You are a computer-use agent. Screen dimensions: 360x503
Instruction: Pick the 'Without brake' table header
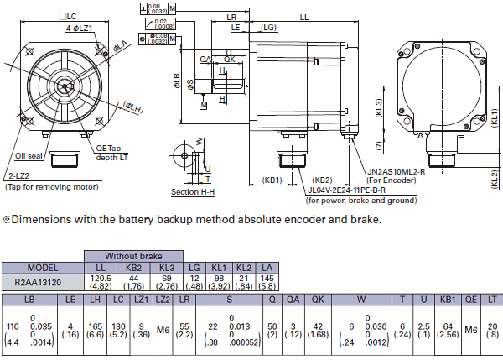pos(132,255)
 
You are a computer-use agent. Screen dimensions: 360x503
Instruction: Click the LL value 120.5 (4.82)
pos(101,283)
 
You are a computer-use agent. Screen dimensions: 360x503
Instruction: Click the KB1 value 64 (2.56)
pos(449,331)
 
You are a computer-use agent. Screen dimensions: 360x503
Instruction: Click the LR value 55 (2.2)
pos(185,331)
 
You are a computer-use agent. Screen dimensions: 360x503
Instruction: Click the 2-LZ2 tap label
pos(18,176)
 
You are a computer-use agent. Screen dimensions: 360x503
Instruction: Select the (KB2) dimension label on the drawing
pos(322,180)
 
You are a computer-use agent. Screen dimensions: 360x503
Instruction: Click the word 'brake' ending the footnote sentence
pos(363,220)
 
